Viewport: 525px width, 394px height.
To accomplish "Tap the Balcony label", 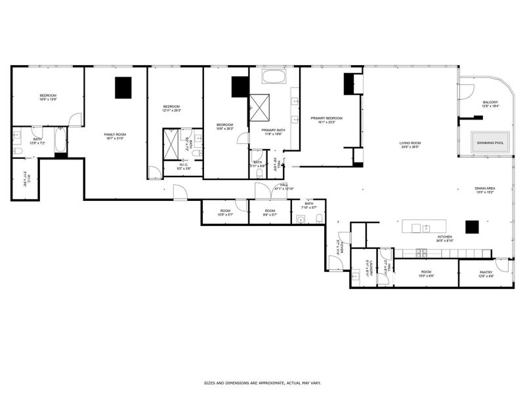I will (490, 102).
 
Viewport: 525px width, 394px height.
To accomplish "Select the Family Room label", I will (115, 134).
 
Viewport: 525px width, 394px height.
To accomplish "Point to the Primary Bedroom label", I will (326, 118).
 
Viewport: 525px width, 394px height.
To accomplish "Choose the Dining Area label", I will (485, 188).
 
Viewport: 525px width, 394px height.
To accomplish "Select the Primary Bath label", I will (272, 130).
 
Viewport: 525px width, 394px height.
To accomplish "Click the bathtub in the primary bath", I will (274, 77).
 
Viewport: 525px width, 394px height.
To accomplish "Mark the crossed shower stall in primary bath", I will (259, 104).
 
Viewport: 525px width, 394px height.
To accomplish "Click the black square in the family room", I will (123, 88).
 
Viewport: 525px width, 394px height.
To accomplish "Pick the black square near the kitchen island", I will (472, 227).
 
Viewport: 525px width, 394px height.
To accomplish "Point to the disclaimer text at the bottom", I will (262, 382).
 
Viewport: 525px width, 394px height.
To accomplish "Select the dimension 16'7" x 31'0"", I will (115, 139).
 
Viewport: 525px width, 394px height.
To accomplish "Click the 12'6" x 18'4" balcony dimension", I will (490, 106).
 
